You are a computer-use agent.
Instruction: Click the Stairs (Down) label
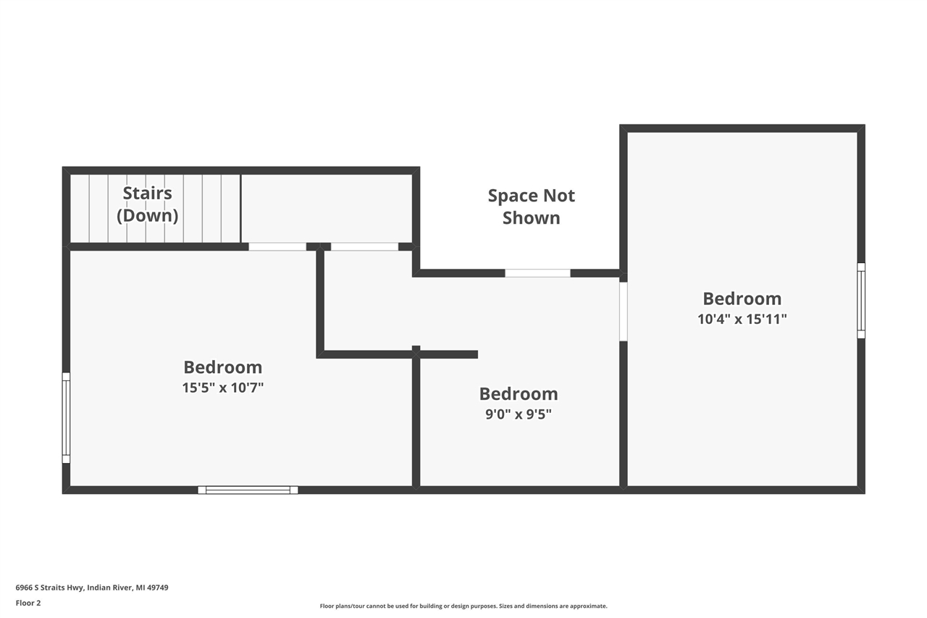coord(147,204)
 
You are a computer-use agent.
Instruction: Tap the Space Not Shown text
coord(531,206)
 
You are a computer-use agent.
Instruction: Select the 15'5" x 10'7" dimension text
coord(222,388)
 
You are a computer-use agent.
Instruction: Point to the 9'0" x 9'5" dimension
coord(519,414)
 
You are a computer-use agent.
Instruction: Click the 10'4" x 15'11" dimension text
coord(742,319)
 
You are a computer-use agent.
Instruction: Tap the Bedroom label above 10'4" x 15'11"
coord(742,298)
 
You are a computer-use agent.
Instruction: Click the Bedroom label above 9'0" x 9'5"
coord(519,394)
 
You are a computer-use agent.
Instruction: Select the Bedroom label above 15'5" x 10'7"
coord(222,367)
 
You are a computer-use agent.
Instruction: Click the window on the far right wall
coord(861,300)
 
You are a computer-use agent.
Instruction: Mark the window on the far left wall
coord(66,417)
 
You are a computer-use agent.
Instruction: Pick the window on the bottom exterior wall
coord(248,490)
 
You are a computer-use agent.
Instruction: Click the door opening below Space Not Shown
coord(537,273)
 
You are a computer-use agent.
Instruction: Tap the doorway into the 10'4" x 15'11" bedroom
coord(623,311)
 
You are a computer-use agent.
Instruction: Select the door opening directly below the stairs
coord(277,246)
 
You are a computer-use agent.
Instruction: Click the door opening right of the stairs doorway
coord(364,246)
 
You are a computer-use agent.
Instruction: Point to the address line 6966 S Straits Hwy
coord(92,588)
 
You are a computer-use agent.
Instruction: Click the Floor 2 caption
coord(28,603)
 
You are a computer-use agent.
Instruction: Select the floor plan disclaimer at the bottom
coord(463,606)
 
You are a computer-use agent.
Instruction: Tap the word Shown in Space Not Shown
coord(531,218)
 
